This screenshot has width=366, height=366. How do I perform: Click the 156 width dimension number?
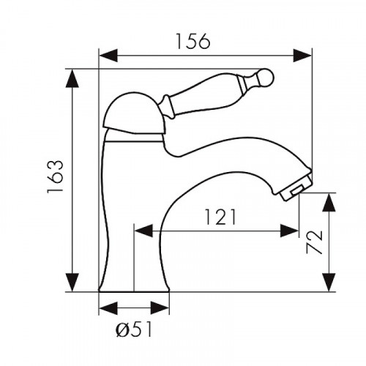pos(193,41)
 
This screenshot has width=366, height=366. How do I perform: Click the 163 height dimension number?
pos(56,177)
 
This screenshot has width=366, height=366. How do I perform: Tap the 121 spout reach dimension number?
pos(220,217)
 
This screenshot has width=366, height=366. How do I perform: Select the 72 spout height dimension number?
pos(314,242)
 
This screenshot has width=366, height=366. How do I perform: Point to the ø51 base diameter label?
pos(133,329)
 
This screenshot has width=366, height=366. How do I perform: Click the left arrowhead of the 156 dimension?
pos(108,56)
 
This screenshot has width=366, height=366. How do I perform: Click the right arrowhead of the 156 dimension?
pos(302,56)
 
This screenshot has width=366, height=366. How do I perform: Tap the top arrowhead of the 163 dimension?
pos(72,78)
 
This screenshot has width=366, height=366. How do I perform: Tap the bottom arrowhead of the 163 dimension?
pos(72,283)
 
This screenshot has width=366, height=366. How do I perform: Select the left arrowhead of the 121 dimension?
pos(143,231)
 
